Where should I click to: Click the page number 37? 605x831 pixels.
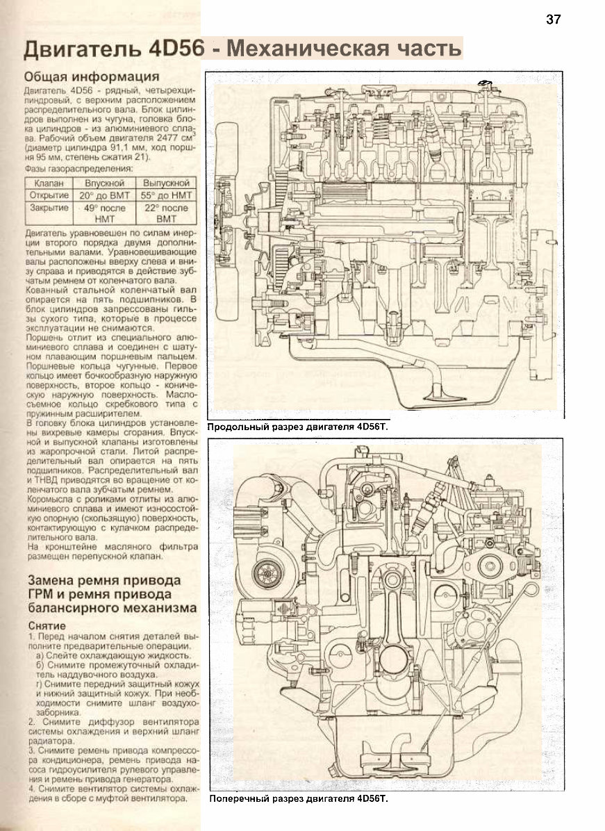(553, 19)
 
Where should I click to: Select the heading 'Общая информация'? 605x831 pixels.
(92, 76)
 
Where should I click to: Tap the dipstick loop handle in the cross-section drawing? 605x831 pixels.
(524, 592)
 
